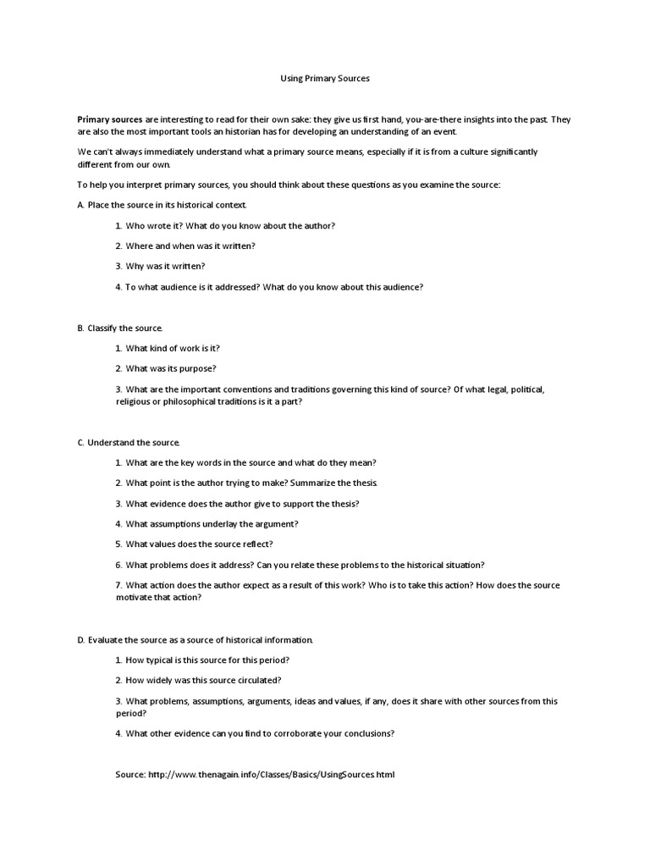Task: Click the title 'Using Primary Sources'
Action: click(325, 78)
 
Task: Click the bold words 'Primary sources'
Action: click(110, 120)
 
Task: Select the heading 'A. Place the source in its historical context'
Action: click(162, 205)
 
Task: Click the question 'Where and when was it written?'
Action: click(190, 246)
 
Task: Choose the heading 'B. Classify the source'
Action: click(120, 328)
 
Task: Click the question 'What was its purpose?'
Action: click(170, 368)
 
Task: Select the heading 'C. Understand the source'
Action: click(129, 443)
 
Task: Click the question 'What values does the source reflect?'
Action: click(199, 544)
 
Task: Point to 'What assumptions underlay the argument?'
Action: click(212, 524)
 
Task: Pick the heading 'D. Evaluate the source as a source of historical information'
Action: click(196, 639)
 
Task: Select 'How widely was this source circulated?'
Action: click(203, 680)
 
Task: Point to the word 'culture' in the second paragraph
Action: click(473, 152)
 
